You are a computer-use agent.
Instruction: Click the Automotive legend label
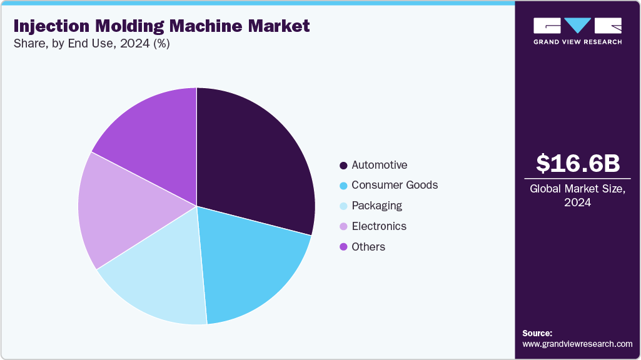379,165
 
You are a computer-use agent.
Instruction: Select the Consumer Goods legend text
395,185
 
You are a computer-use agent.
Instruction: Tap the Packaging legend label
376,206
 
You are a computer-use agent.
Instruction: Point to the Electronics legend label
379,226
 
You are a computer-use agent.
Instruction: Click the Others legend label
368,247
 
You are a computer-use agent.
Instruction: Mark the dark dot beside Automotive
343,166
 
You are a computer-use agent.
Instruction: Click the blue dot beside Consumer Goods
343,186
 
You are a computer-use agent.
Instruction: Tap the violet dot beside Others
343,247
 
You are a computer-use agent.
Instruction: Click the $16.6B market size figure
578,164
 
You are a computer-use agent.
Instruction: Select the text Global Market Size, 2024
578,196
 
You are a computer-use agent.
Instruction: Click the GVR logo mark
577,26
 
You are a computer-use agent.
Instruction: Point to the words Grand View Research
577,42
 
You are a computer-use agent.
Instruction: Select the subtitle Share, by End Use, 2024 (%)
91,44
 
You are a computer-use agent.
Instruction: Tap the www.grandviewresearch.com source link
577,344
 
